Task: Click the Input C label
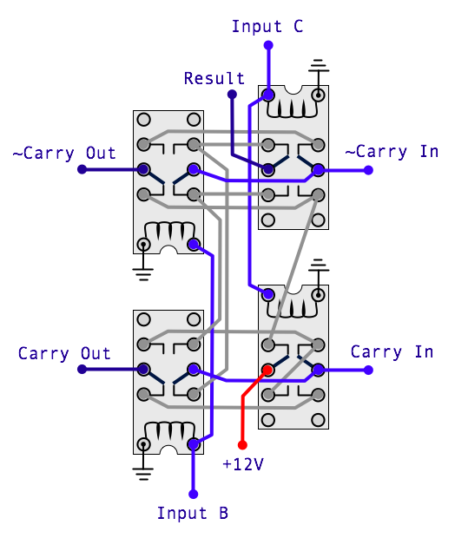click(267, 26)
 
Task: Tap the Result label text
click(214, 79)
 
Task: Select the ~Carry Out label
click(64, 154)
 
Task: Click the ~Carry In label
click(392, 152)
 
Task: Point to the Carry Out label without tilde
click(64, 354)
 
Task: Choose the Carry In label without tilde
click(392, 352)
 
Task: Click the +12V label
click(243, 464)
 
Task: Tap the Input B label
click(192, 514)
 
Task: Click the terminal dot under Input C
click(268, 45)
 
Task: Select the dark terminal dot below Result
click(232, 94)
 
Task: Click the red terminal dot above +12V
click(242, 445)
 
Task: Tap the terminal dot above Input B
click(194, 494)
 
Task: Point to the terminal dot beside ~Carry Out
click(82, 169)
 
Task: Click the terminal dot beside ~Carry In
click(368, 170)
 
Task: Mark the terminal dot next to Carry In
click(368, 370)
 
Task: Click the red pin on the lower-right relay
click(267, 370)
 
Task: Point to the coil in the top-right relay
click(293, 108)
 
